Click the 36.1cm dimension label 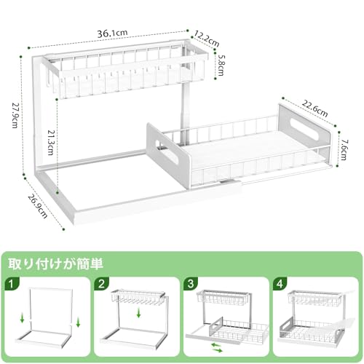pos(112,33)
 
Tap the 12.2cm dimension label pos(207,39)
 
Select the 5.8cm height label pos(221,66)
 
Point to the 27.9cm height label pos(15,115)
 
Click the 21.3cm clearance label pos(50,143)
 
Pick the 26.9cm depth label pos(37,206)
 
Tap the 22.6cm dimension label pos(314,108)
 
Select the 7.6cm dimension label pos(344,149)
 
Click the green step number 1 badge pos(12,283)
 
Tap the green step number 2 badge pos(101,283)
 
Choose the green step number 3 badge pos(191,283)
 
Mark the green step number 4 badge pos(280,283)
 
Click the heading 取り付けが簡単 pos(56,264)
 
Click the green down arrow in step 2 pos(138,313)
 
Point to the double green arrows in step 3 pos(216,347)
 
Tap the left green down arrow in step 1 pos(22,318)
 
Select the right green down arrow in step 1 pos(78,323)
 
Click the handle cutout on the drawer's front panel pos(167,151)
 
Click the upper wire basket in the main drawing pos(126,71)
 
